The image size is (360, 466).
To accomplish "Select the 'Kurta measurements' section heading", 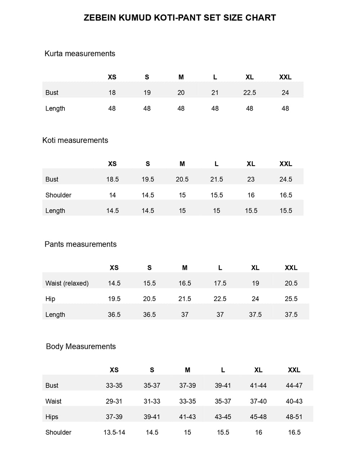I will click(x=80, y=54).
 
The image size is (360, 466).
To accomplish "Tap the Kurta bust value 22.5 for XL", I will click(x=249, y=93).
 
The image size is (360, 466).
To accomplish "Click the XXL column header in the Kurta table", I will click(x=285, y=77).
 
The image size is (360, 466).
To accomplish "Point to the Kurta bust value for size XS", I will click(x=112, y=93).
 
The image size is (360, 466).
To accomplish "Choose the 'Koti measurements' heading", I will click(x=75, y=140).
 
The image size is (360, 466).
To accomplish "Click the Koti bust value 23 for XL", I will click(x=251, y=179).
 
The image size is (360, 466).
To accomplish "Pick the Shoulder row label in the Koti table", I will click(x=58, y=195).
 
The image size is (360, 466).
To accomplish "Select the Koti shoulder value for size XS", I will click(x=112, y=195).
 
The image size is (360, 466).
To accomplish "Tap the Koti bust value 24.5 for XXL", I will click(x=286, y=179).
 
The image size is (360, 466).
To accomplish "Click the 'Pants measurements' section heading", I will click(x=80, y=244).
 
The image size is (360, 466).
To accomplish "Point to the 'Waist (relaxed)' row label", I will click(x=67, y=283).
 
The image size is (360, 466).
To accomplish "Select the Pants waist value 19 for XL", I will click(x=255, y=283).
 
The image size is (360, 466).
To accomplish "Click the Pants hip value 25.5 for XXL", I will click(x=291, y=299).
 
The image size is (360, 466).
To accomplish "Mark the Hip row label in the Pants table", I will click(x=50, y=299).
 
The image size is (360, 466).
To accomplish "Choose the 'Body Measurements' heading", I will click(x=81, y=346).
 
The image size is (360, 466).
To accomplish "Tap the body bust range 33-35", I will click(x=114, y=386).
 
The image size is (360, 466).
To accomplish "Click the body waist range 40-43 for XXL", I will click(x=294, y=401).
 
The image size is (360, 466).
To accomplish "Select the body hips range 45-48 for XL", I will click(x=258, y=417).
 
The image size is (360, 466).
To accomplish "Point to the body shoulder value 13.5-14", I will click(x=114, y=433).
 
